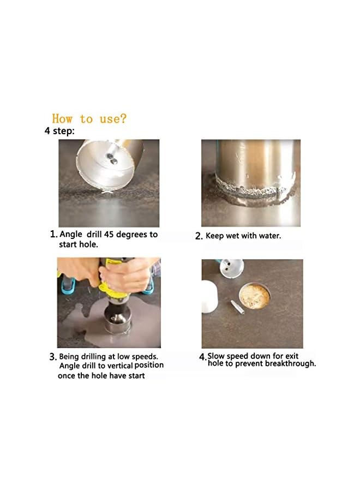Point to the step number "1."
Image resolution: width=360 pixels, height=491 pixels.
53,234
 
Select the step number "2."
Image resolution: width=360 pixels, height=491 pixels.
199,237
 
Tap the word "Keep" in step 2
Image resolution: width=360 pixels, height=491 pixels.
215,236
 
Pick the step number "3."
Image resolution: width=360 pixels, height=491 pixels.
53,357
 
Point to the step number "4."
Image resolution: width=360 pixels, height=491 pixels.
202,357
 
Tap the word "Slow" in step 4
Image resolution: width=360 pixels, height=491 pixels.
217,356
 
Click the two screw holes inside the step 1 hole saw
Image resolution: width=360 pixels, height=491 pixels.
111,158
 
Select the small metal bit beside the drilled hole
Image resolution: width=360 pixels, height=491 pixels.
235,308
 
